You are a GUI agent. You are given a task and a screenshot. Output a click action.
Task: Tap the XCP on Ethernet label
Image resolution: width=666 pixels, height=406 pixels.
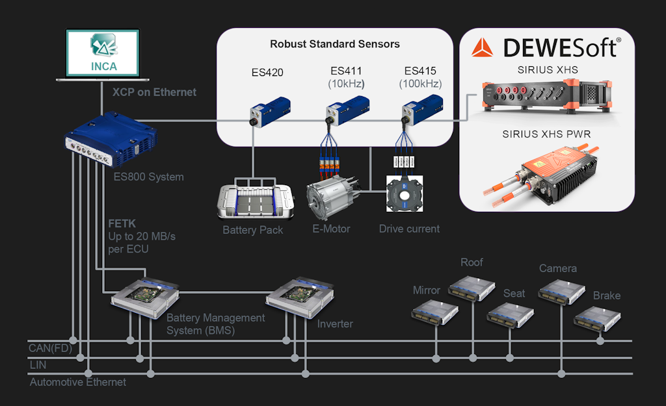(154, 92)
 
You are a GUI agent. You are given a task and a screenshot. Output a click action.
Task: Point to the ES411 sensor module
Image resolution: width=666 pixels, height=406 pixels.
(345, 110)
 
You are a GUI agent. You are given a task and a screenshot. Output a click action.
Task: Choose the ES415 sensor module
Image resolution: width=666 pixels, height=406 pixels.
(420, 110)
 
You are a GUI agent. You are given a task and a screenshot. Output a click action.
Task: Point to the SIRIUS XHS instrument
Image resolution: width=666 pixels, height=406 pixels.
(546, 97)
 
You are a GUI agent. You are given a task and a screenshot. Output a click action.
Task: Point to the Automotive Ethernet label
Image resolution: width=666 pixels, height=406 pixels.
(78, 382)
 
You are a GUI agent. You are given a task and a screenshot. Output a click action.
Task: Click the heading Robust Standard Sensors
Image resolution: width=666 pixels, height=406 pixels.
(335, 45)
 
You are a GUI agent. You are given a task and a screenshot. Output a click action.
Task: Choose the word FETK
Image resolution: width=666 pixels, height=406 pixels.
(122, 223)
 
